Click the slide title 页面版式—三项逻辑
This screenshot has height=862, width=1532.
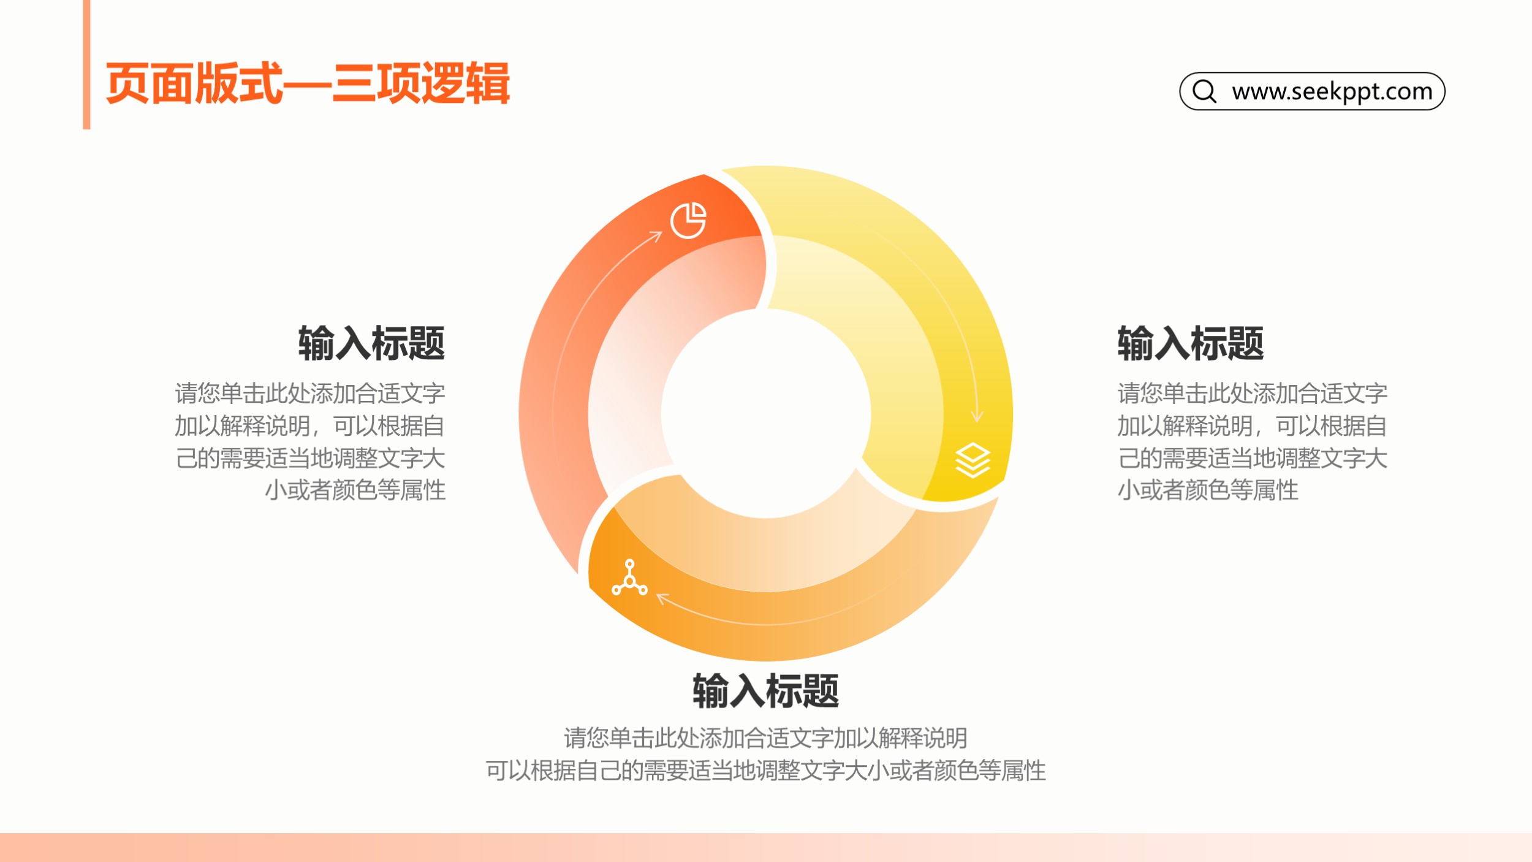308,83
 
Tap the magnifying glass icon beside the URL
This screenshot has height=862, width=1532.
1204,91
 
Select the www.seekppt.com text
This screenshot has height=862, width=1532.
1332,91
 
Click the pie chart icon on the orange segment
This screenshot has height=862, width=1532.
688,220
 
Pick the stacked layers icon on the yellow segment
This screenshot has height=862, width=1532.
973,460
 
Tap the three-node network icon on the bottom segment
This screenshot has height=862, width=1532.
629,578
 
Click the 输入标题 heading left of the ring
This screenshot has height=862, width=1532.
371,343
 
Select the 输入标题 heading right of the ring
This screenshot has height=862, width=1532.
1191,343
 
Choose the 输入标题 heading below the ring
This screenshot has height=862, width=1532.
766,691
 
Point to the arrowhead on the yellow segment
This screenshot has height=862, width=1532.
977,417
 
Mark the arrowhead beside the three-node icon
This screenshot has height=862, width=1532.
662,598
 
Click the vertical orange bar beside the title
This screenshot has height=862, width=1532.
86,64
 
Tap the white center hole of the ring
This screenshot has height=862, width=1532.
766,414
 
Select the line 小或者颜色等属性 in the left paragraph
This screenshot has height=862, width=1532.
355,490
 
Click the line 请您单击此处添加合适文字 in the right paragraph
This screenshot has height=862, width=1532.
1253,394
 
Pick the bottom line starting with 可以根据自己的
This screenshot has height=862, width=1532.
766,771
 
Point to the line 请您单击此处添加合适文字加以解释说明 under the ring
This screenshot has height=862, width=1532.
766,738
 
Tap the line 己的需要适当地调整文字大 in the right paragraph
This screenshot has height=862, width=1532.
1253,459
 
